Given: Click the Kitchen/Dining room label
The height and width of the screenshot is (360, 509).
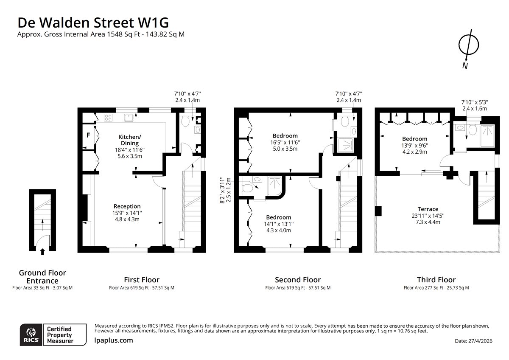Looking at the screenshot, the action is pos(130,140).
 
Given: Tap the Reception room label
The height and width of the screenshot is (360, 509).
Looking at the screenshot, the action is pos(127,206).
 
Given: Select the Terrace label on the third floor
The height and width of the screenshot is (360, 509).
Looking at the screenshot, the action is pos(428,209).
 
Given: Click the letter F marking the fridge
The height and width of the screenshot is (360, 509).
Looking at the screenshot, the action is pos(88,135).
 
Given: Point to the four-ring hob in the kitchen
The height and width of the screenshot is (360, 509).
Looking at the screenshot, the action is pos(108,118).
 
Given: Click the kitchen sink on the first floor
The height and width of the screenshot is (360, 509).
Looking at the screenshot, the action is pos(129,118).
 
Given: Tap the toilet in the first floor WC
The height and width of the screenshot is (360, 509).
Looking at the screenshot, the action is pos(185,121).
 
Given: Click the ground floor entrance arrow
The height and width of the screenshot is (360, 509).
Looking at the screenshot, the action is pos(42,252).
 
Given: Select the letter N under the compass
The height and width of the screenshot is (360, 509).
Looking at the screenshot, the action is pos(465,66).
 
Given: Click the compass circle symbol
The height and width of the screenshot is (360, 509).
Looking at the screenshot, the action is pos(469,45).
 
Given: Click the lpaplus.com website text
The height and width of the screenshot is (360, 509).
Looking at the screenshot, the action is pos(114,340).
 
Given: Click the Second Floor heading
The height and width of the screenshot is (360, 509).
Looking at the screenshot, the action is pos(298,279).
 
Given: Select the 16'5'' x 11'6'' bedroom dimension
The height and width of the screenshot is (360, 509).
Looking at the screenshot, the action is pos(285,143).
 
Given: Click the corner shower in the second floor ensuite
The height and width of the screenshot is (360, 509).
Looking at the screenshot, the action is pos(275,186).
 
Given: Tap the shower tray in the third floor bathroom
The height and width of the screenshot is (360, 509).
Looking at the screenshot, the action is pos(487,136).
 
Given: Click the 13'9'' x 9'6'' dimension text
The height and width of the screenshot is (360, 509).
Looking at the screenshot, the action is pos(415,146).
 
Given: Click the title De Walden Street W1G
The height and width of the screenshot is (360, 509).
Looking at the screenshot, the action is pos(93,22).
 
